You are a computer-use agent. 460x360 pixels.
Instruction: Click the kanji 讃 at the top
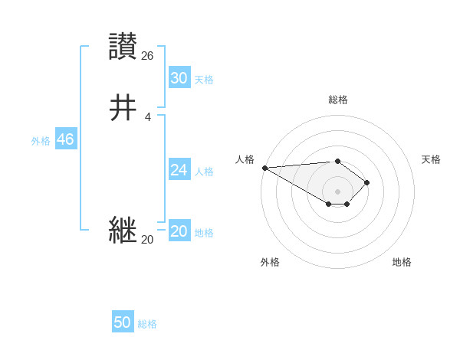123,47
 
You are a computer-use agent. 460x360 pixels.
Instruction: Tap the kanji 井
123,108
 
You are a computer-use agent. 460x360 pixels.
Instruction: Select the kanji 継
123,230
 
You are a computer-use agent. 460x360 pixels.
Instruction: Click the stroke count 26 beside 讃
148,55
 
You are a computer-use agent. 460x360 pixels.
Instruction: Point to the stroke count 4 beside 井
148,116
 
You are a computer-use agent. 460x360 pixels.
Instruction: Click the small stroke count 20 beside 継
147,240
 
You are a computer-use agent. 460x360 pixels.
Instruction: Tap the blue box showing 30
179,78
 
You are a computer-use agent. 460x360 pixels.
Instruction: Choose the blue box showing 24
179,170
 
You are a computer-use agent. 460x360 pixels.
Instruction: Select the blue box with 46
65,139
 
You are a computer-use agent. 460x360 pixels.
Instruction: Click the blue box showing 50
123,322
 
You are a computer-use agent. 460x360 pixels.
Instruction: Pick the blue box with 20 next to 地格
179,232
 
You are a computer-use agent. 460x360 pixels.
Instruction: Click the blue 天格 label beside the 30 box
204,80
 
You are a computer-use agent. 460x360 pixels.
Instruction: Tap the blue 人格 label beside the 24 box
204,172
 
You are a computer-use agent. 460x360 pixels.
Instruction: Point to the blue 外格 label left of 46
41,141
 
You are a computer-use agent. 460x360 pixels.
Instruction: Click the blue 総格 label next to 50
147,324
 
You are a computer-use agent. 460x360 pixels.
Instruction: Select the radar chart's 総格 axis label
337,100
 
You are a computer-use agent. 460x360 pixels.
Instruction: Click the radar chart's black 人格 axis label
245,159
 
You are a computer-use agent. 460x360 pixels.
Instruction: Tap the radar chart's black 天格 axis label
431,159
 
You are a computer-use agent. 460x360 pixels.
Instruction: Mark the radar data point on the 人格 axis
264,168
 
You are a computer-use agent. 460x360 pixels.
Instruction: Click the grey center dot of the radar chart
337,191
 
